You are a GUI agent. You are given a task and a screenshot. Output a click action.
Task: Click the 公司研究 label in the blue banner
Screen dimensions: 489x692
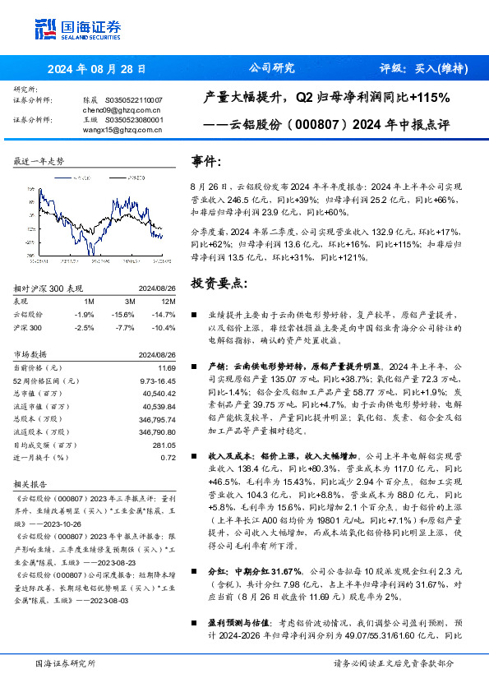[271, 69]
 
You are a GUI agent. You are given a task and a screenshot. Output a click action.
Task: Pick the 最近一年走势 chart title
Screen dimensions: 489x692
[39, 161]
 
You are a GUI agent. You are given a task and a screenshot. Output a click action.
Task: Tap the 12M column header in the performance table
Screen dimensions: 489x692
[168, 302]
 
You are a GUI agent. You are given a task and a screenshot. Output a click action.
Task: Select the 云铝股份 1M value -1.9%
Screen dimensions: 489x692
[85, 315]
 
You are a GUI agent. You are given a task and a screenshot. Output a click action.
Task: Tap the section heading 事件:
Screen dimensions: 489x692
[206, 161]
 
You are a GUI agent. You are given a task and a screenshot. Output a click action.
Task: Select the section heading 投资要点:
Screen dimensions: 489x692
[217, 284]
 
